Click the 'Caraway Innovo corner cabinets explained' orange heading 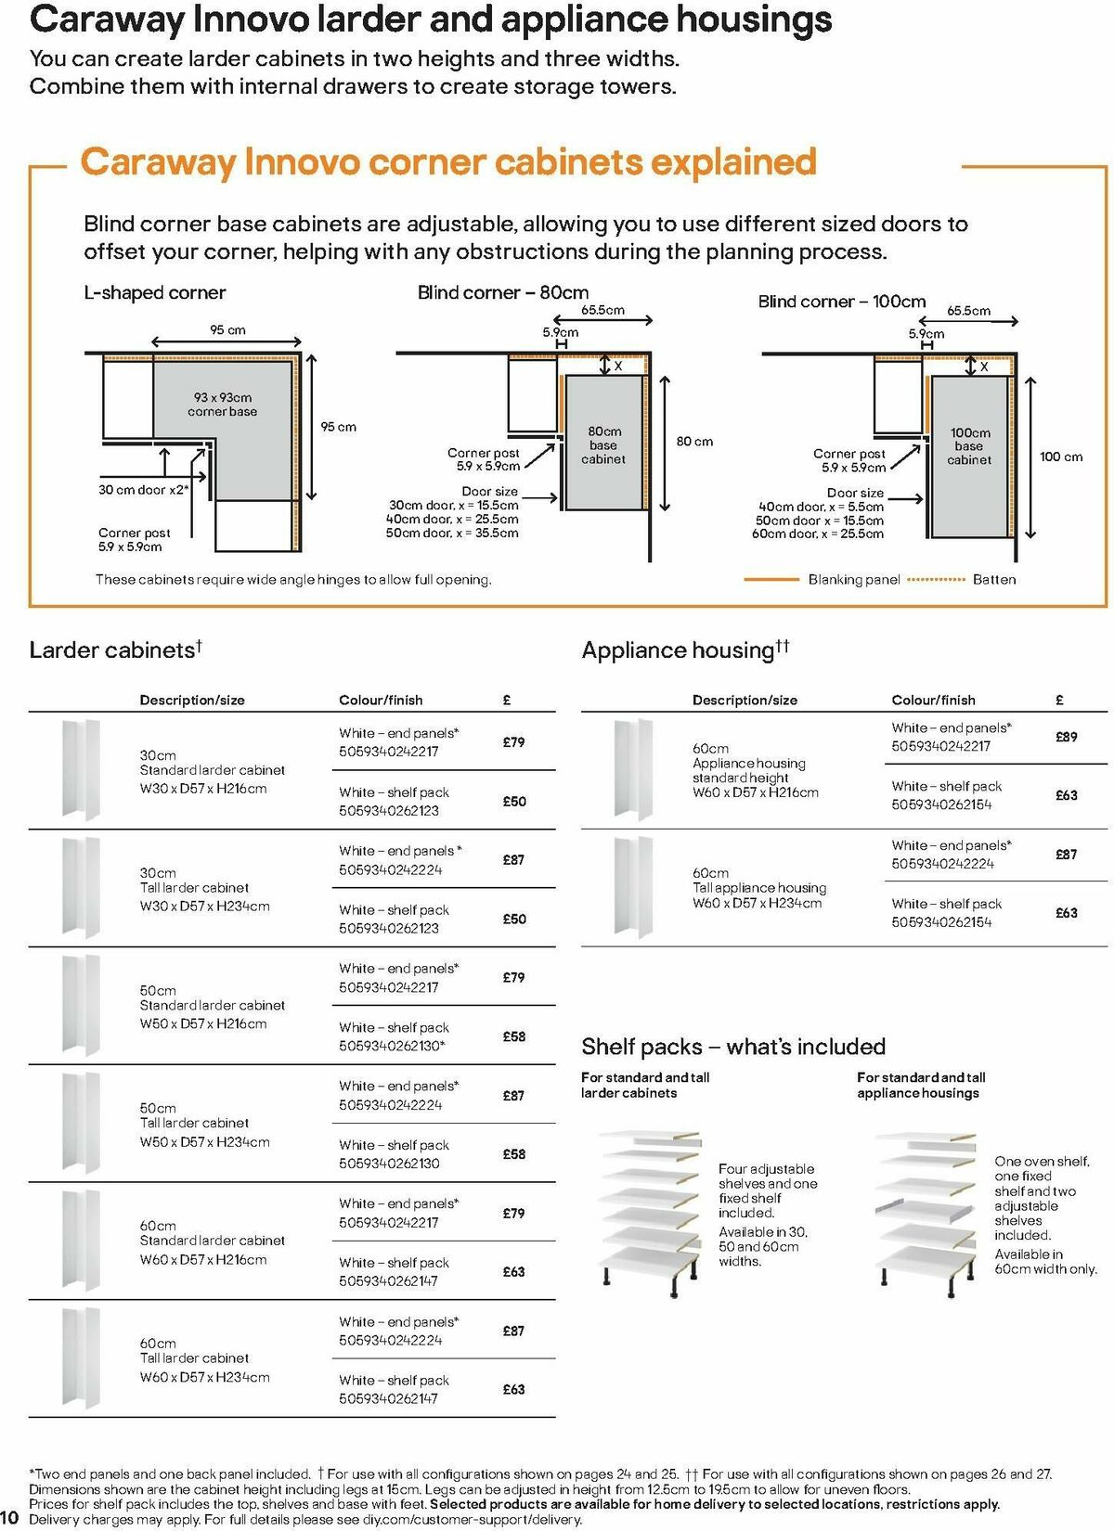click(447, 162)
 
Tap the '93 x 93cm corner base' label click(223, 405)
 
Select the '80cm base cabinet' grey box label click(603, 445)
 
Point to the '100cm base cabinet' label click(969, 446)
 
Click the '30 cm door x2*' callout click(143, 490)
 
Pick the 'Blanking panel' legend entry click(853, 580)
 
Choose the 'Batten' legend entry click(993, 580)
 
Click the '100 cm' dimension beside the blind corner click(1061, 457)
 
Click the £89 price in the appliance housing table click(1066, 737)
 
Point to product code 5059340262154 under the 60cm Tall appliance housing click(941, 922)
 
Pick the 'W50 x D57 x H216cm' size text click(203, 1024)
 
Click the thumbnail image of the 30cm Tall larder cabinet click(81, 888)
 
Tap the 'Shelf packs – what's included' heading click(733, 1047)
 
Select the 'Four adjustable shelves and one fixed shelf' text click(768, 1190)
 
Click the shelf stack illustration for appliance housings click(925, 1206)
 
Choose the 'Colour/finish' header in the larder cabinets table click(381, 701)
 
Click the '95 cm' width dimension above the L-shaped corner click(227, 330)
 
